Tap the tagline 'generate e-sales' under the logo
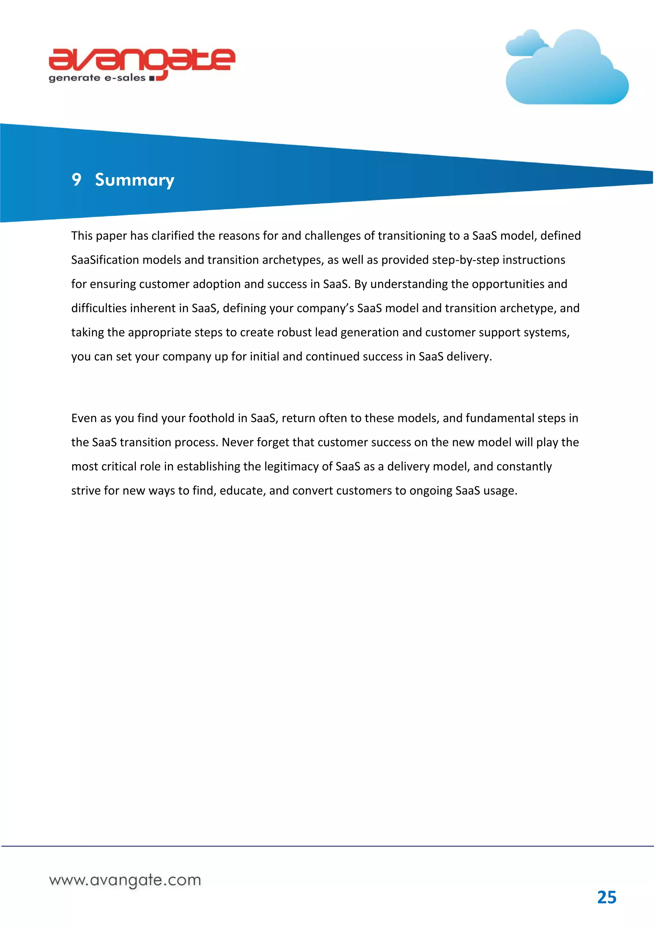tap(97, 78)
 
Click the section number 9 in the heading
tap(76, 179)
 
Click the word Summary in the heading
tap(134, 180)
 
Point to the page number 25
tap(606, 898)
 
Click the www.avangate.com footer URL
tap(125, 880)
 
